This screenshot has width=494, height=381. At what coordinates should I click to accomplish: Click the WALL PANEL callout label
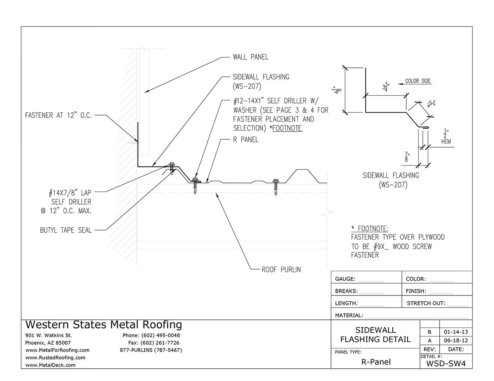point(250,57)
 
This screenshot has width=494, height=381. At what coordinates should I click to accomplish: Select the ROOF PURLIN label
point(281,270)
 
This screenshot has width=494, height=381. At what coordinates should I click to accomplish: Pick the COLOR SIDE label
point(418,81)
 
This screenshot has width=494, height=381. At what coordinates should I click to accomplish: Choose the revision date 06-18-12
point(456,341)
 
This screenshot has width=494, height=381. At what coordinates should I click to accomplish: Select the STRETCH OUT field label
point(426,303)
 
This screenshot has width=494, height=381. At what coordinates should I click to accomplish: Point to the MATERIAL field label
point(349,316)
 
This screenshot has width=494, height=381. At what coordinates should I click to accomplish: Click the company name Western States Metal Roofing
point(103,325)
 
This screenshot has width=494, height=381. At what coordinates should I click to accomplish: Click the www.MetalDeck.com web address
point(50,365)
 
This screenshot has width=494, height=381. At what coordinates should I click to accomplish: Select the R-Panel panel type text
point(375,362)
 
